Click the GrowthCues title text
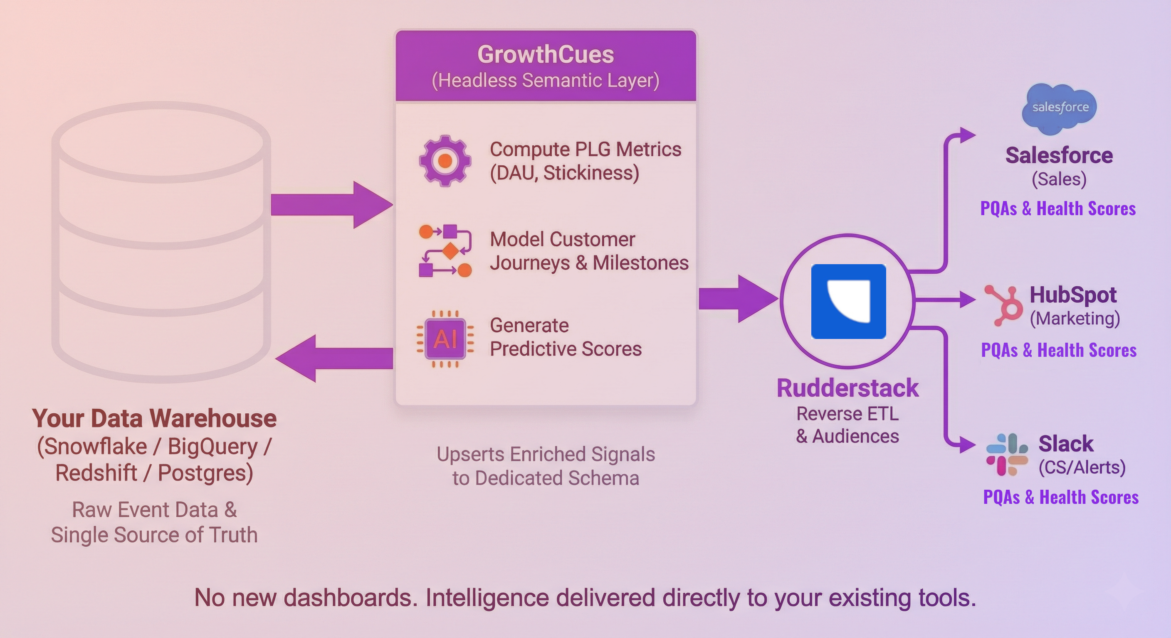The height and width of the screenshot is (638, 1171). tap(546, 54)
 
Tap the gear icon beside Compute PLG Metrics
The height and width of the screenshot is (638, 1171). tap(445, 160)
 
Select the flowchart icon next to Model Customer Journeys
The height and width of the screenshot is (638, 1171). tap(445, 250)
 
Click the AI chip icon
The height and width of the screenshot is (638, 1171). tap(445, 339)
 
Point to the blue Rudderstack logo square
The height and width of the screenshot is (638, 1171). tap(848, 301)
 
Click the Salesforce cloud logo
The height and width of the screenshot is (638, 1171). tap(1059, 108)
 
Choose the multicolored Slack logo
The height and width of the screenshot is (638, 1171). tap(1006, 454)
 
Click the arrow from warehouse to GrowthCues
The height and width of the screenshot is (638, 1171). tap(332, 205)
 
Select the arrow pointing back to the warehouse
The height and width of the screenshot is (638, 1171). tap(334, 358)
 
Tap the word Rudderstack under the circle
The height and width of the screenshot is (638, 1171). tap(847, 388)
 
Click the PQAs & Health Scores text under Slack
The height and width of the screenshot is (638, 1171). tap(1060, 497)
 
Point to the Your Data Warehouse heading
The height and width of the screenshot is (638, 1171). tap(154, 418)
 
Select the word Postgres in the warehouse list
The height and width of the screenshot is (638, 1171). tap(205, 473)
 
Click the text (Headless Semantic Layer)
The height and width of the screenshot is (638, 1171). tap(546, 81)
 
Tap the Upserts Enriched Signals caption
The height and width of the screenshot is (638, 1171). tap(546, 454)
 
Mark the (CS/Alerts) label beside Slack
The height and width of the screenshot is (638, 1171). tap(1082, 467)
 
